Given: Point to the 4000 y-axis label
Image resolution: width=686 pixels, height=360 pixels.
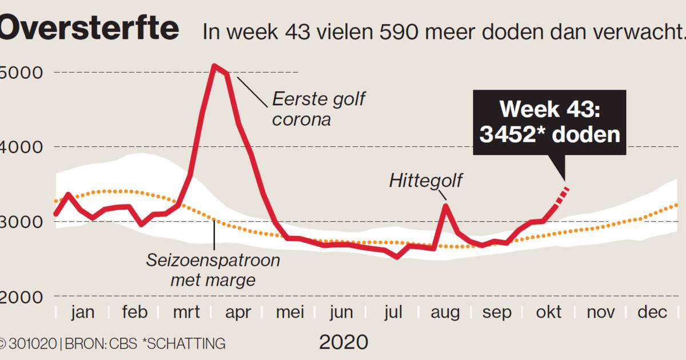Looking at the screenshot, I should [20, 147].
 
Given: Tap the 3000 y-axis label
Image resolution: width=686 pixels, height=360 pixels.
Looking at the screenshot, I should [20, 222].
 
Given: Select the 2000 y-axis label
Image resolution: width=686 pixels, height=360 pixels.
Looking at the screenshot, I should [20, 297].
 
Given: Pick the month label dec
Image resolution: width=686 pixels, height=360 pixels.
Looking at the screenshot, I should [652, 313].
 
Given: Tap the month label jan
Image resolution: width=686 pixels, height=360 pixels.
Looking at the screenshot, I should [83, 313].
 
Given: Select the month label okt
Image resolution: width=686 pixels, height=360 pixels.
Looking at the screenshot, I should [548, 313].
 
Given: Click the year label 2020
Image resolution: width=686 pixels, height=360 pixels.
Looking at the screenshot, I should [343, 342].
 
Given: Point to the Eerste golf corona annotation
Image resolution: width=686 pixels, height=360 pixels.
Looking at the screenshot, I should [318, 109].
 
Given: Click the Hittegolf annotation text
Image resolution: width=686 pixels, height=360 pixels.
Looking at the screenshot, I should [426, 181].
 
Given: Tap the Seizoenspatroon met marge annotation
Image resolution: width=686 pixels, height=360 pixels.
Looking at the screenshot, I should [213, 270].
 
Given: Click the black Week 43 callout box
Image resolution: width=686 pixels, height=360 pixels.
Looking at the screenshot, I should [549, 122].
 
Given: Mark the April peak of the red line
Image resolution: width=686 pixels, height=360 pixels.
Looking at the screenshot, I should [214, 66].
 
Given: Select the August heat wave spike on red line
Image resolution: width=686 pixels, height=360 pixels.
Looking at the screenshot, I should [446, 205].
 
